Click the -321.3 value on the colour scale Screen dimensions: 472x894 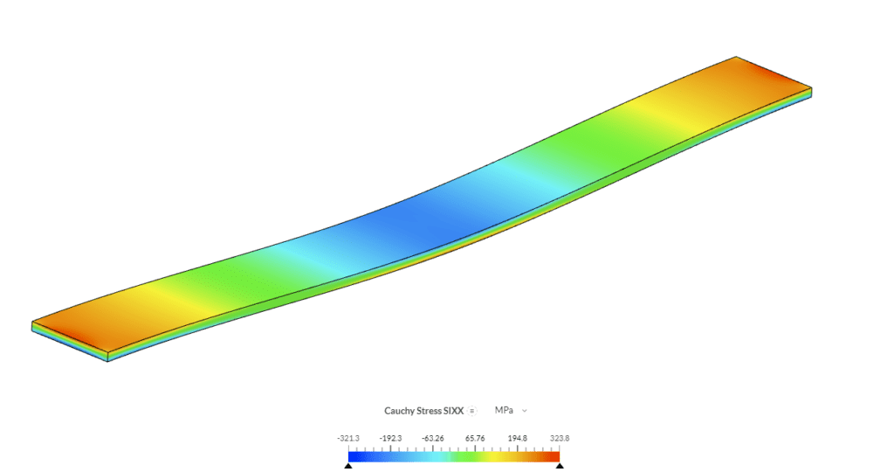point(349,438)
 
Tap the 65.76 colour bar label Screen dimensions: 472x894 point(475,438)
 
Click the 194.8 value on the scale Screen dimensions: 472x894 point(517,438)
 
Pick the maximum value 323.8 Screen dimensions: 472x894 point(559,438)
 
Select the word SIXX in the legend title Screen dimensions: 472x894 point(452,410)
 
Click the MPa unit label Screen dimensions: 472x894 point(504,410)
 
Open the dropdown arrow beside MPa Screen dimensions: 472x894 point(525,410)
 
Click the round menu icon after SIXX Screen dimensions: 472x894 point(471,410)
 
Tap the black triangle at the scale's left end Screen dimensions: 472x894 point(348,467)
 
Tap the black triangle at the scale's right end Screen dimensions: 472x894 point(560,467)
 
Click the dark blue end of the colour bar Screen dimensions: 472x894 point(354,455)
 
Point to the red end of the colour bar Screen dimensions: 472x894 point(554,455)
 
